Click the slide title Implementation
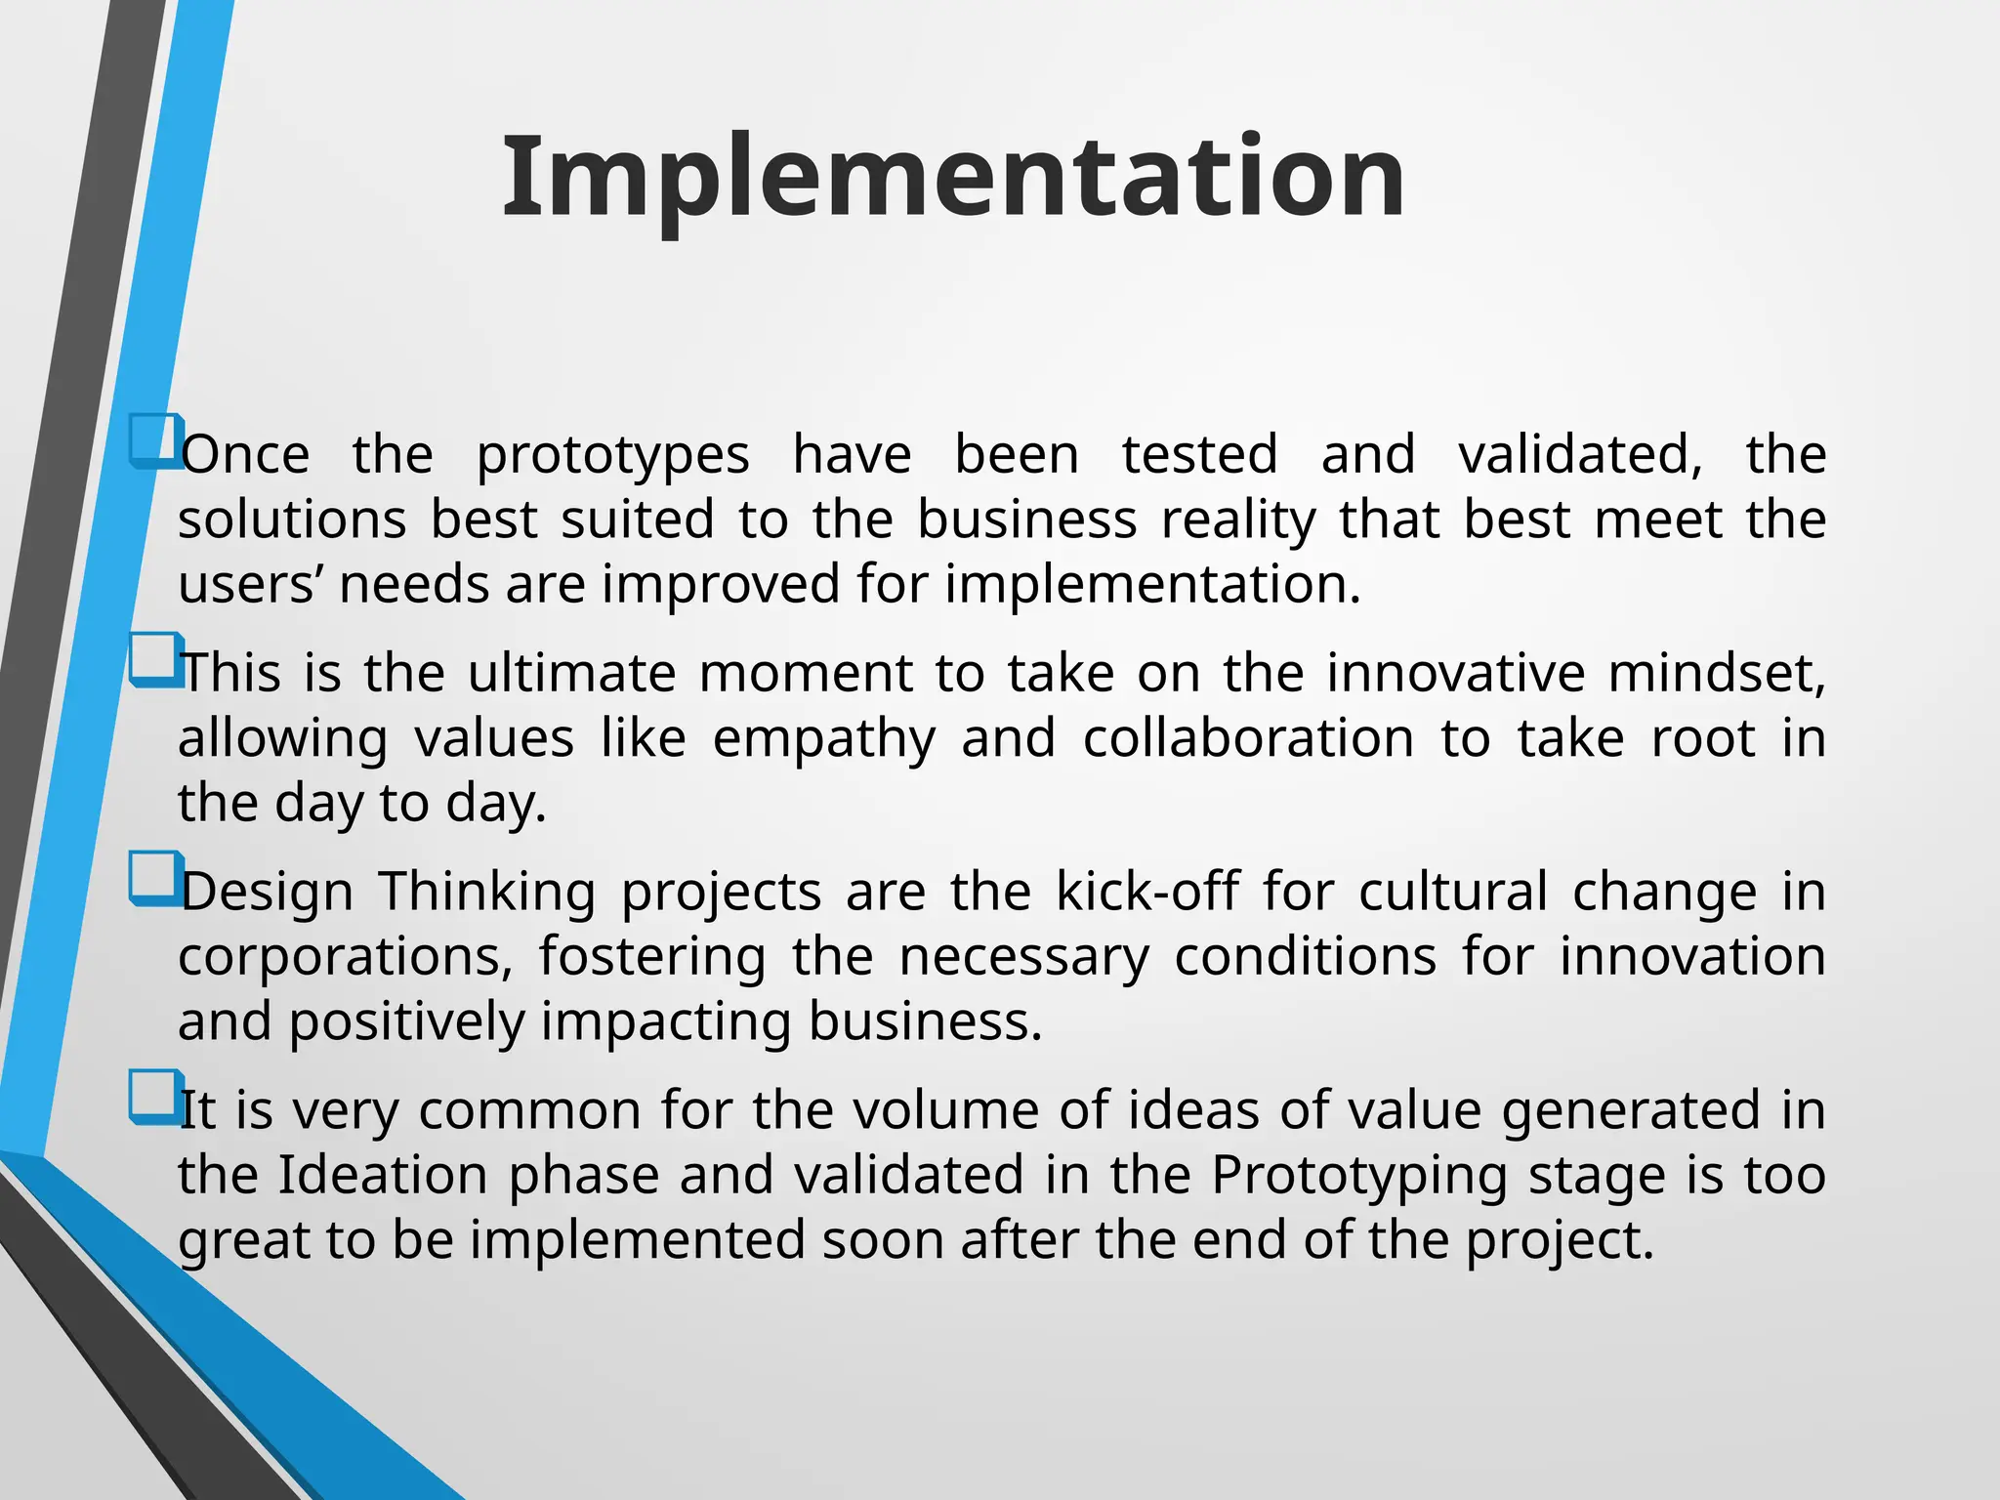click(953, 178)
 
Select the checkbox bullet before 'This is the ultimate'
click(155, 659)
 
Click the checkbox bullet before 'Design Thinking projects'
click(155, 878)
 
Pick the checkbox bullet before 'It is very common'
click(155, 1096)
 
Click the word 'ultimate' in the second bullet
click(571, 674)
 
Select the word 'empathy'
click(823, 740)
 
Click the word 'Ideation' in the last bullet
click(382, 1175)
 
